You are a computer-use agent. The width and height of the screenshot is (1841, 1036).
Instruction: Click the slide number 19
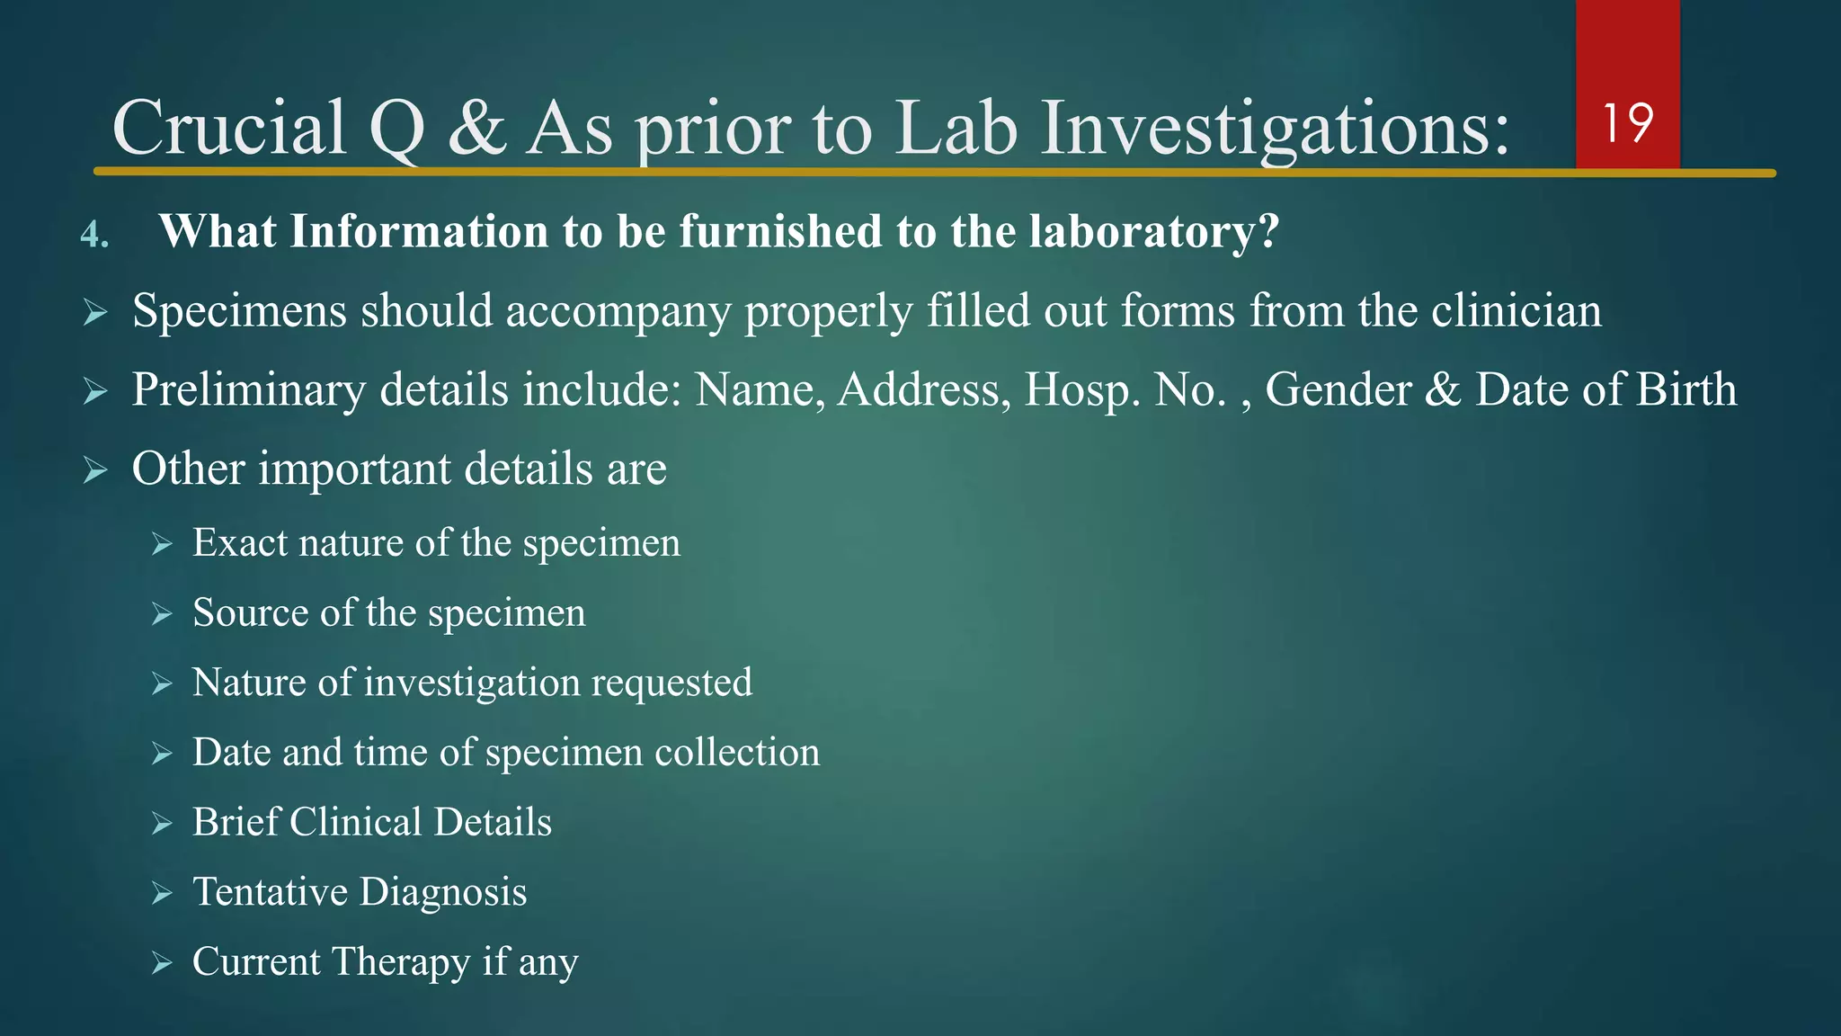(1627, 123)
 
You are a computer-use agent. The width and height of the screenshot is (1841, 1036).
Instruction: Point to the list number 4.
(94, 235)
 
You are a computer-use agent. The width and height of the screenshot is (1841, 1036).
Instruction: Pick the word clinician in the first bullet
(1516, 311)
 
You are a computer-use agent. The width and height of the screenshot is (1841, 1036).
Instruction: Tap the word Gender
(1339, 390)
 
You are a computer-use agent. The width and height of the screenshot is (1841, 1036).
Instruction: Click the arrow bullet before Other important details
(95, 469)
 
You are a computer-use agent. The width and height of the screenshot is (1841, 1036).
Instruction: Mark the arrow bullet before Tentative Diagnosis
(162, 893)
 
